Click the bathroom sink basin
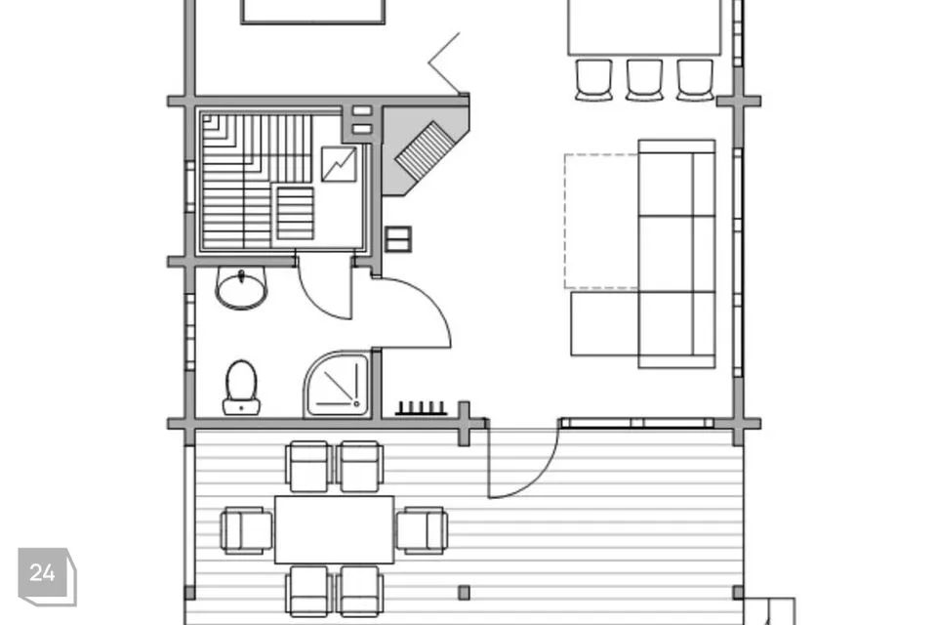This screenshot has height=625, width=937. tap(241, 288)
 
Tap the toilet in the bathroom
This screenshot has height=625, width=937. tap(241, 388)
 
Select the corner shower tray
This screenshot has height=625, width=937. tap(338, 384)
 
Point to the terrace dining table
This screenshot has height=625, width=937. tap(334, 529)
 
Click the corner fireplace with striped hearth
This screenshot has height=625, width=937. tap(425, 150)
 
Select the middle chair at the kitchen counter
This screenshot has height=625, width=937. tap(644, 79)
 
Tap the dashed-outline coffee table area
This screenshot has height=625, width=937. tap(602, 222)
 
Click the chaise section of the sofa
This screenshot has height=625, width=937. tap(605, 323)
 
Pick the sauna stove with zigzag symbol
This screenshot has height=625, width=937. tap(339, 164)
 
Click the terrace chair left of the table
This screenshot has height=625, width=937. tap(247, 530)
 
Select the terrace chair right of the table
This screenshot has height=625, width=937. tap(422, 530)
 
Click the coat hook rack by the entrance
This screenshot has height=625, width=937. tap(421, 408)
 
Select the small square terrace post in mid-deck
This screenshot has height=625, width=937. tap(464, 593)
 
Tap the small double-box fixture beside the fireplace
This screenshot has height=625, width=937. tap(398, 239)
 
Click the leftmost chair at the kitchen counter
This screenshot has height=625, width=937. tap(594, 79)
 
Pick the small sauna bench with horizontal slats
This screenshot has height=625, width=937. tap(295, 214)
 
